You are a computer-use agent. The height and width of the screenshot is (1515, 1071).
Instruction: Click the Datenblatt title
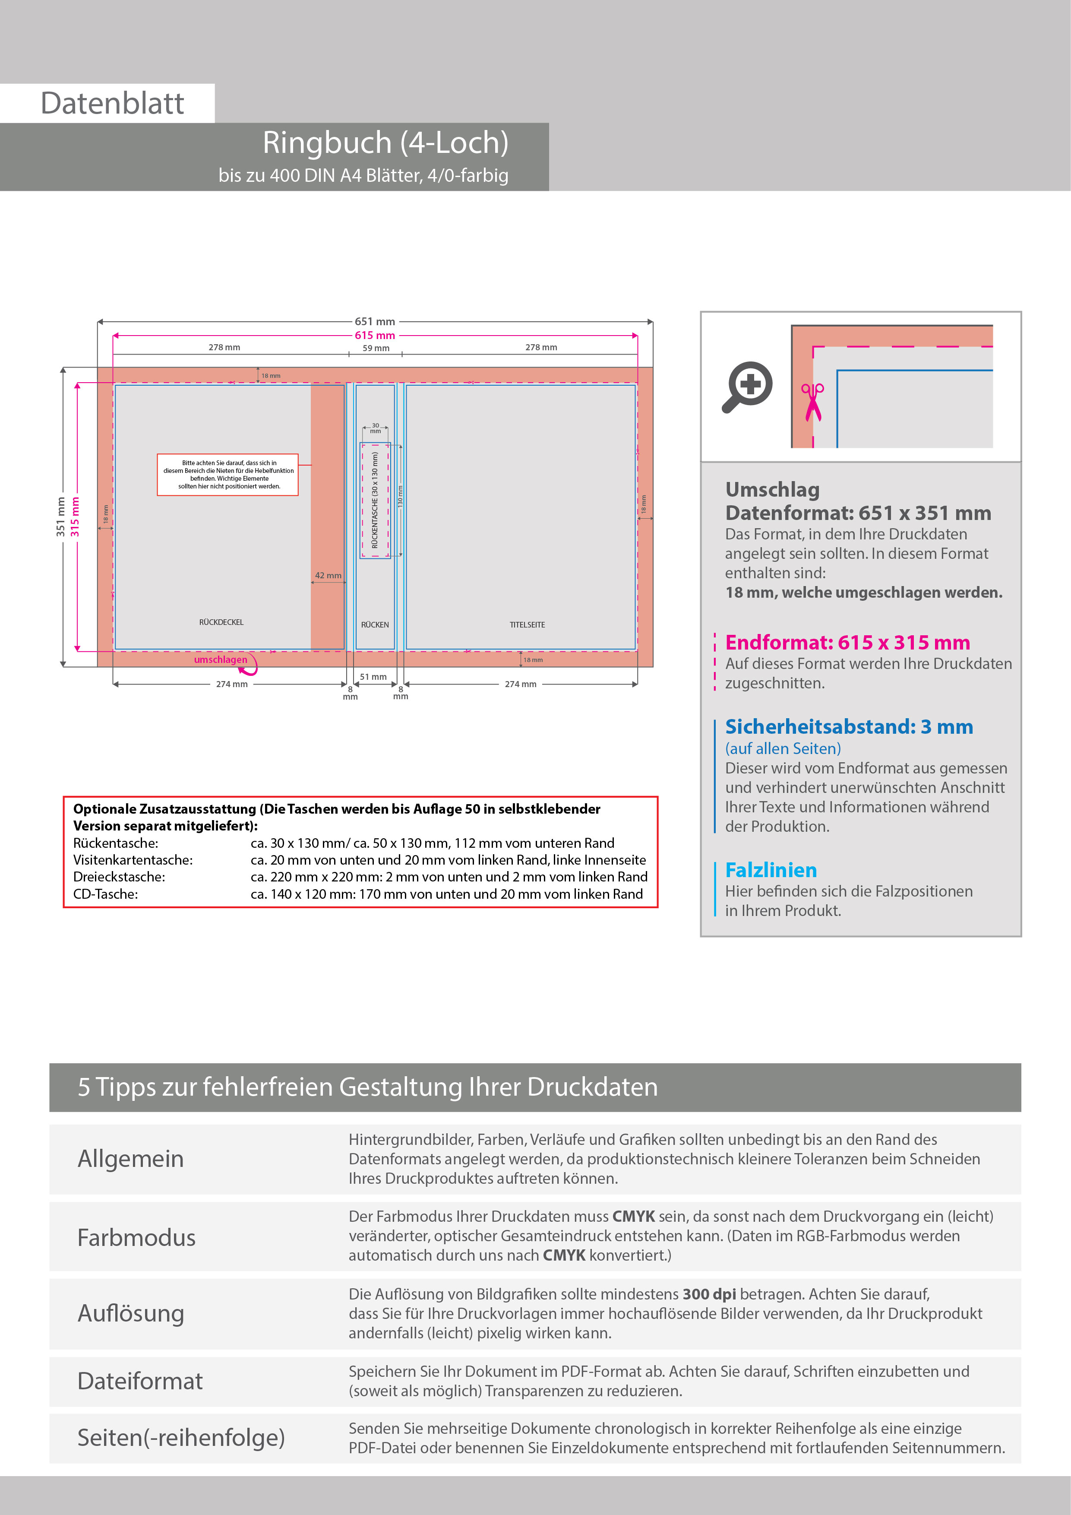(112, 104)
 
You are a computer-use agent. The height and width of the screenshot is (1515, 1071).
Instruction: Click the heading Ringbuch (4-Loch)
(385, 143)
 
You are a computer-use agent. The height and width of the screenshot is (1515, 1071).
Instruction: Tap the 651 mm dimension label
(375, 321)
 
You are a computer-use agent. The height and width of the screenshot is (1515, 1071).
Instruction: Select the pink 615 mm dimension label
(375, 335)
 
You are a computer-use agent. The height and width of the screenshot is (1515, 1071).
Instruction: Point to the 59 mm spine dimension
(376, 348)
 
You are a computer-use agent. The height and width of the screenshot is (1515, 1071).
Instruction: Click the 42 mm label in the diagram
(328, 575)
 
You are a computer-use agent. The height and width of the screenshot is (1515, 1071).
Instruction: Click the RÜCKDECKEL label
(221, 622)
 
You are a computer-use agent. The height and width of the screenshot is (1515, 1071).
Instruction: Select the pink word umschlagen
(220, 660)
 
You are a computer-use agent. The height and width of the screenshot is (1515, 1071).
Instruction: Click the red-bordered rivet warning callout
(227, 475)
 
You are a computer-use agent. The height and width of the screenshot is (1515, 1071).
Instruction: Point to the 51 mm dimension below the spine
(373, 677)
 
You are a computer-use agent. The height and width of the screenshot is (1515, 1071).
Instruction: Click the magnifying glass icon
(747, 386)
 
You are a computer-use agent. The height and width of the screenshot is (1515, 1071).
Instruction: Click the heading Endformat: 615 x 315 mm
(847, 642)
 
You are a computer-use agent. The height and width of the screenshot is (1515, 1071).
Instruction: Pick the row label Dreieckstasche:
(120, 877)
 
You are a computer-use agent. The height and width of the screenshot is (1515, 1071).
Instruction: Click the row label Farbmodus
(136, 1238)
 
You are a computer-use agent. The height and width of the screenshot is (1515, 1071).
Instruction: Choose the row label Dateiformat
(140, 1381)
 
